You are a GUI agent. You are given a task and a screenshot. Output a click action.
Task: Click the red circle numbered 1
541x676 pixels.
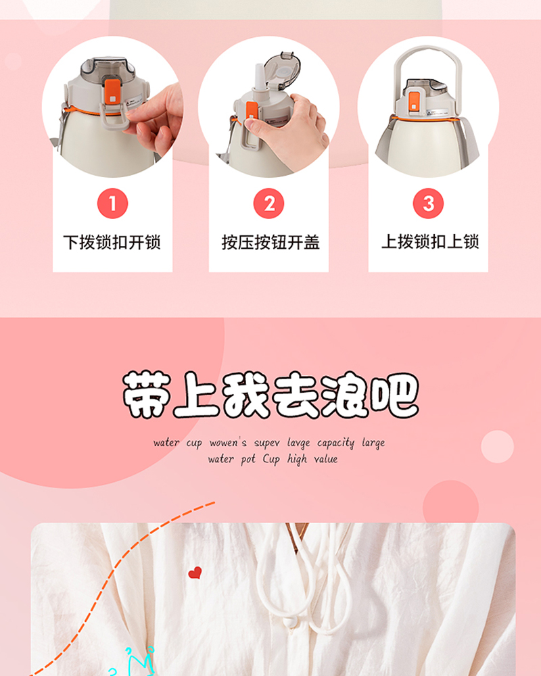click(113, 203)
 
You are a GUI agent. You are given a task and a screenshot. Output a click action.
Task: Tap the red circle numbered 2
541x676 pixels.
click(268, 203)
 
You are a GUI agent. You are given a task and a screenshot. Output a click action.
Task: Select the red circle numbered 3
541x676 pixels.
click(428, 203)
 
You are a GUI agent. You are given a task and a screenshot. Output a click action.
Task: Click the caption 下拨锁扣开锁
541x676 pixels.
click(112, 242)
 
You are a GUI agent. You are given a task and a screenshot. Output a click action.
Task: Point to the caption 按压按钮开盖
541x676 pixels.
click(270, 242)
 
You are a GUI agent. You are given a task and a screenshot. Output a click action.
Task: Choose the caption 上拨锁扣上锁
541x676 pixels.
click(430, 241)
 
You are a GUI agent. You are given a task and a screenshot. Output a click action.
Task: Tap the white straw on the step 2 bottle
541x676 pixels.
click(260, 77)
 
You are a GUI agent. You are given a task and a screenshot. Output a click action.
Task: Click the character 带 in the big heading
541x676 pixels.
click(146, 395)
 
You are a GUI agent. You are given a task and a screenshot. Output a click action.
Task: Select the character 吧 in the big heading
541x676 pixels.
click(395, 395)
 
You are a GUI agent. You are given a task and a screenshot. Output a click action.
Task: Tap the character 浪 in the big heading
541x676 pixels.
click(345, 395)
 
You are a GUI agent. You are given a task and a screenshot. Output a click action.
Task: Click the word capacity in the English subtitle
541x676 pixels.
click(335, 443)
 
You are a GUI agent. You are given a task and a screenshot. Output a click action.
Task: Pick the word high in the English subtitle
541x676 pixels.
click(298, 460)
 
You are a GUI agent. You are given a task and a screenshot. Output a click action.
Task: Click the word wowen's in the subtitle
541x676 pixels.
click(228, 443)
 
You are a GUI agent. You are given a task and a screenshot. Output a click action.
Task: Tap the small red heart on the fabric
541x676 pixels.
click(195, 573)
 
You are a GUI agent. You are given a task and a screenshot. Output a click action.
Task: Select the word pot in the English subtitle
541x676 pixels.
click(248, 460)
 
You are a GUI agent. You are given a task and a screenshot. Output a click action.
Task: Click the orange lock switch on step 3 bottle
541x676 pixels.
click(413, 101)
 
